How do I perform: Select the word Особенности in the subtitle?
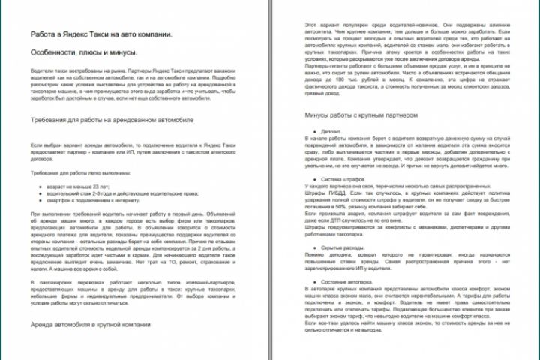[x=55, y=53]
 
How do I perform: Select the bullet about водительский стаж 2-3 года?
[x=112, y=191]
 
